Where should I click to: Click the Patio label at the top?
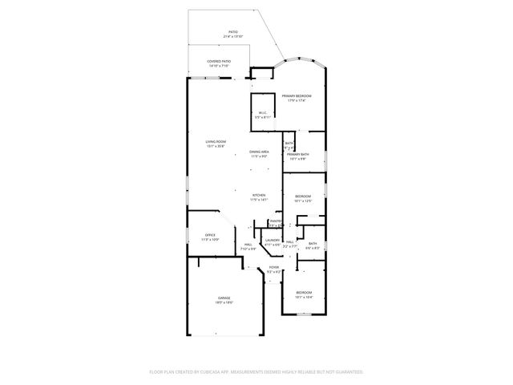click(232, 32)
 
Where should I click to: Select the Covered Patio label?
click(219, 61)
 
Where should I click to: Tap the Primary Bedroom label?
click(296, 95)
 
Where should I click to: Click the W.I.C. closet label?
click(262, 112)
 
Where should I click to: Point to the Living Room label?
click(216, 142)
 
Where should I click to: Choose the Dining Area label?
click(258, 151)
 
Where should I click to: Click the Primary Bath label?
click(298, 154)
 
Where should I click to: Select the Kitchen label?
click(258, 196)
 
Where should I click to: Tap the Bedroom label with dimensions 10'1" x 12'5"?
click(303, 197)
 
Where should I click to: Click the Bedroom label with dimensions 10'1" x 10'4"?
click(304, 292)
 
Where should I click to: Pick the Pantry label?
click(275, 221)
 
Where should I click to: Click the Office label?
click(210, 234)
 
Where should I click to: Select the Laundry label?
click(273, 240)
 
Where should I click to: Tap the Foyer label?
click(274, 267)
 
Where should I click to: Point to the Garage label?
click(224, 297)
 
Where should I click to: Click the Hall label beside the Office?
click(248, 244)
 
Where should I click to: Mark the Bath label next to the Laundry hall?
click(313, 243)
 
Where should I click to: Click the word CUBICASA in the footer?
click(224, 372)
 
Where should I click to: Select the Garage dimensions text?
click(224, 302)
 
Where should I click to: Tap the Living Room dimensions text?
click(216, 147)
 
